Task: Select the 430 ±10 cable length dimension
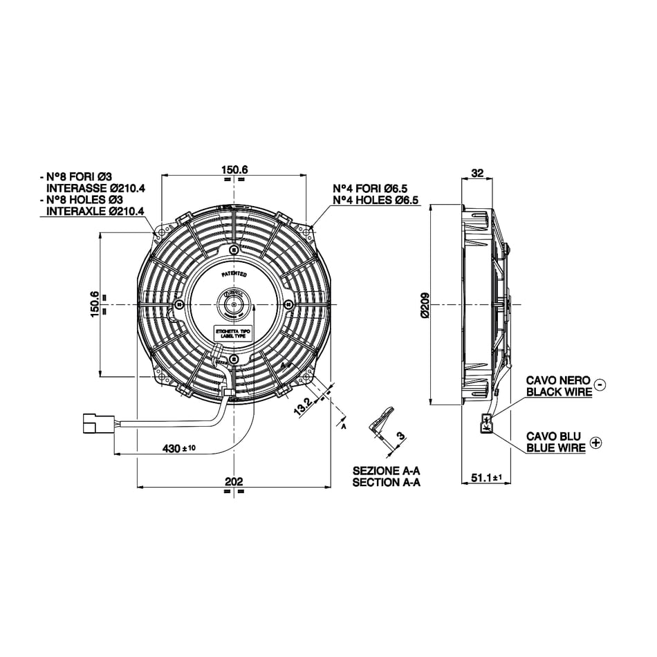[179, 448]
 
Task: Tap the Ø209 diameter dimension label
[425, 304]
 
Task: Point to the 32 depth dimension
[477, 173]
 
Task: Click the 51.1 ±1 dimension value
[485, 477]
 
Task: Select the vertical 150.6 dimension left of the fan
[95, 304]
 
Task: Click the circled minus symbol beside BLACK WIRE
[600, 385]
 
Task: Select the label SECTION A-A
[386, 483]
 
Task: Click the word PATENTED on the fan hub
[234, 275]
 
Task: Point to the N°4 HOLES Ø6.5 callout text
[376, 201]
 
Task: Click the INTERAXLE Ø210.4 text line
[95, 212]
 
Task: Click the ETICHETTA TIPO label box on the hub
[234, 334]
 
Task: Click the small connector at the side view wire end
[487, 422]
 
